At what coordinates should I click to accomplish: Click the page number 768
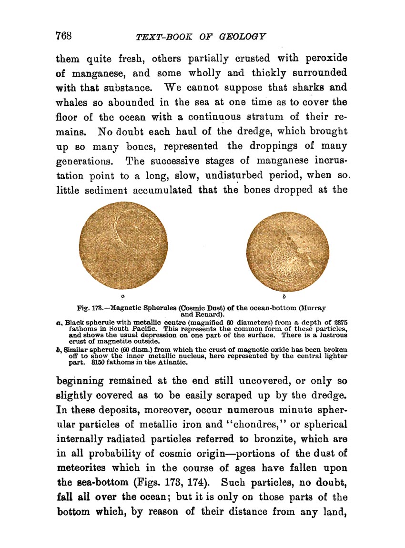click(x=63, y=36)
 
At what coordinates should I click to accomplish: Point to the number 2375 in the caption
click(x=338, y=322)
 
